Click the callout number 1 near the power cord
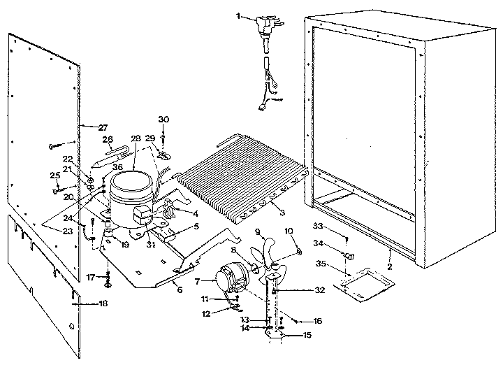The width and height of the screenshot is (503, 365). pyautogui.click(x=238, y=15)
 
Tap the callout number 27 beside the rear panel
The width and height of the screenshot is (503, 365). pyautogui.click(x=103, y=127)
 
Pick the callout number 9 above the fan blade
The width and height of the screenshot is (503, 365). pyautogui.click(x=257, y=232)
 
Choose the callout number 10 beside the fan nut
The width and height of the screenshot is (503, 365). pyautogui.click(x=289, y=231)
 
